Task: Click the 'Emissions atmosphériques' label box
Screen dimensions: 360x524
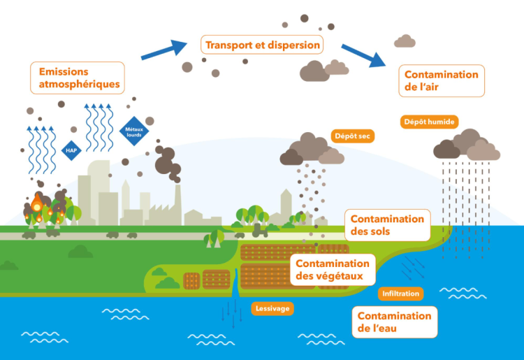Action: pyautogui.click(x=78, y=78)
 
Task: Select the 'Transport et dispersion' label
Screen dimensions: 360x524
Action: pyautogui.click(x=263, y=45)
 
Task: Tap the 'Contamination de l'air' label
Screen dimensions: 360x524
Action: pyautogui.click(x=442, y=81)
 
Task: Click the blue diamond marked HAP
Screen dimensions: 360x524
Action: pyautogui.click(x=71, y=150)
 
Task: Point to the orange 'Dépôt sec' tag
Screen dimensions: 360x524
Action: pyautogui.click(x=351, y=136)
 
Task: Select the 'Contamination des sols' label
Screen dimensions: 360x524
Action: pyautogui.click(x=387, y=224)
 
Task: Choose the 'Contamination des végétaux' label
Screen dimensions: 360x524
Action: pyautogui.click(x=333, y=269)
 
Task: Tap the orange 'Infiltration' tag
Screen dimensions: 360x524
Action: pyautogui.click(x=401, y=294)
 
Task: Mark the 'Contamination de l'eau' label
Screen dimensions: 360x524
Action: pyautogui.click(x=394, y=322)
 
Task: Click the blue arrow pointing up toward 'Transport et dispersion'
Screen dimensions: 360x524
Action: pyautogui.click(x=164, y=50)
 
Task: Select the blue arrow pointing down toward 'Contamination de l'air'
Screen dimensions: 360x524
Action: pyautogui.click(x=365, y=55)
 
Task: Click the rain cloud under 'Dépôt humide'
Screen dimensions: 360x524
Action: pyautogui.click(x=467, y=145)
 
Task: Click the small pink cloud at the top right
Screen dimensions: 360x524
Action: pyautogui.click(x=406, y=41)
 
